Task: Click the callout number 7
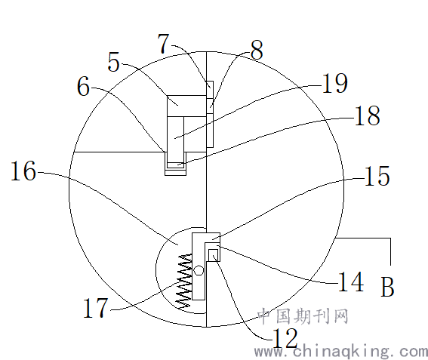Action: [164, 44]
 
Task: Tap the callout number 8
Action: [257, 50]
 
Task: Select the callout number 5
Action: [113, 62]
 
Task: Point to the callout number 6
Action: [83, 86]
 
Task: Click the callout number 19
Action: [335, 83]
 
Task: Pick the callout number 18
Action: [368, 115]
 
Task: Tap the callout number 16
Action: [23, 171]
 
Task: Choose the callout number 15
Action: [377, 176]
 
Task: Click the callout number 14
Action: [351, 282]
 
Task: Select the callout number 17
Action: [95, 308]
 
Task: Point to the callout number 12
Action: [285, 337]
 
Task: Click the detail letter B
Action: [387, 287]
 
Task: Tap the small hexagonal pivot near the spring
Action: [199, 270]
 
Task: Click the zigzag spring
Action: [183, 282]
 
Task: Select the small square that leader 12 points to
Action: [213, 255]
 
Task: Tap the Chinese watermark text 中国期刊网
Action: [303, 316]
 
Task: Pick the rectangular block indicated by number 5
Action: [186, 106]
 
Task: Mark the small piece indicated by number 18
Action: [176, 165]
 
